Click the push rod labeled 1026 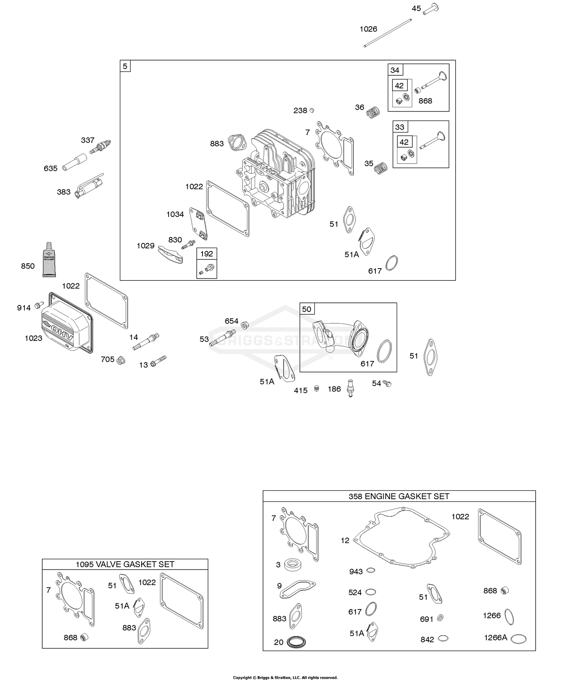click(x=388, y=33)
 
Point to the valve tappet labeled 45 click(x=431, y=7)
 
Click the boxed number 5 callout click(x=125, y=66)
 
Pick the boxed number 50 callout click(x=306, y=309)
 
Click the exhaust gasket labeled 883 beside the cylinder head click(x=236, y=142)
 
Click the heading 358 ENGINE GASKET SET click(x=399, y=496)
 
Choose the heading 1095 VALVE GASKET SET click(x=125, y=564)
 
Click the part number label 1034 click(x=175, y=214)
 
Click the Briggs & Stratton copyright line click(x=285, y=677)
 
